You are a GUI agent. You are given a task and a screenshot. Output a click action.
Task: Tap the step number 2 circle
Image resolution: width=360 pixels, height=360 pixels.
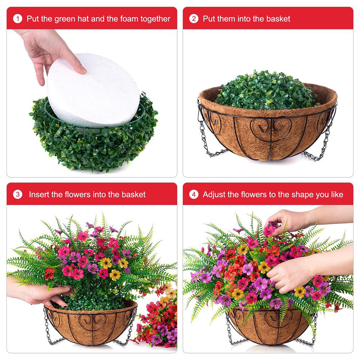(x=194, y=19)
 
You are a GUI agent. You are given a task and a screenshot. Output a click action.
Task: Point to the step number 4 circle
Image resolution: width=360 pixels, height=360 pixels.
(x=194, y=195)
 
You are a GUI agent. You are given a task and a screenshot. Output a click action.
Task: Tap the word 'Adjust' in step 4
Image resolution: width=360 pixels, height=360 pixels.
(x=215, y=195)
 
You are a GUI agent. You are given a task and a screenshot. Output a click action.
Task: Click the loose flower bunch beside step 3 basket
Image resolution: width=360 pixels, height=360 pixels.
(x=158, y=317)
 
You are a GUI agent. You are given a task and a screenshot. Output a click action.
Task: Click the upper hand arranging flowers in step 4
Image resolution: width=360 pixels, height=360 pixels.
(x=288, y=220)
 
